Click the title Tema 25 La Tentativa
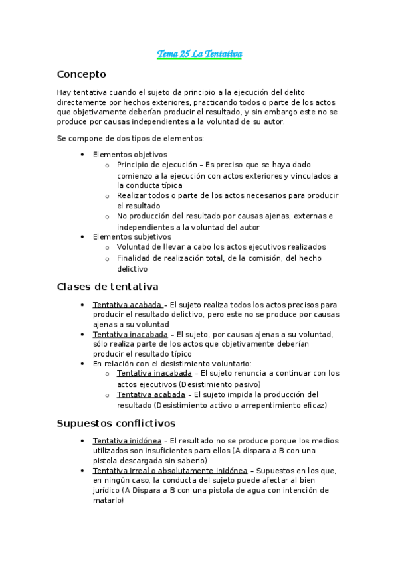click(199, 54)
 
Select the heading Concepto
click(82, 74)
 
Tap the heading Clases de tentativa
click(108, 287)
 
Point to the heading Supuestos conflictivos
click(116, 423)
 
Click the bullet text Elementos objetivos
click(130, 155)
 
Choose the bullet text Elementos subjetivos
click(132, 236)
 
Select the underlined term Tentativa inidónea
click(127, 440)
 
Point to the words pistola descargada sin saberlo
click(149, 460)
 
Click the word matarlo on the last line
click(108, 501)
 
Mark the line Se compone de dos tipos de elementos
click(130, 138)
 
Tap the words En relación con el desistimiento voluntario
click(172, 363)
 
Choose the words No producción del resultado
click(170, 216)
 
